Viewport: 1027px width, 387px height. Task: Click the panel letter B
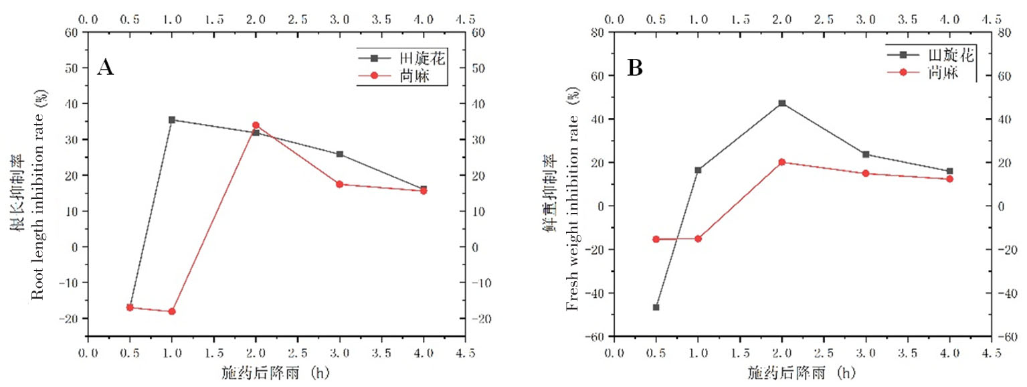coord(634,68)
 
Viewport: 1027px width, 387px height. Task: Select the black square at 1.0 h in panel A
coord(172,120)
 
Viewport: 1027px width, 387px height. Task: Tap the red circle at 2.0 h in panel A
coord(256,125)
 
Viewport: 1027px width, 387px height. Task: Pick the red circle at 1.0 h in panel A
coord(172,311)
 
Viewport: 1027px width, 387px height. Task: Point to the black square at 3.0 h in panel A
coord(340,154)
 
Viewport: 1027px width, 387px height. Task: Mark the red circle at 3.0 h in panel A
coord(340,184)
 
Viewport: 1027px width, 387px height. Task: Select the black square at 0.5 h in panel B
coord(656,307)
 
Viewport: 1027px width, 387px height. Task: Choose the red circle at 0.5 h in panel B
coord(656,239)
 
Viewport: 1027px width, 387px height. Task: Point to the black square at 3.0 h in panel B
coord(866,155)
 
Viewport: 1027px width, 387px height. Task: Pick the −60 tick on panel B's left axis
coord(596,336)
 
